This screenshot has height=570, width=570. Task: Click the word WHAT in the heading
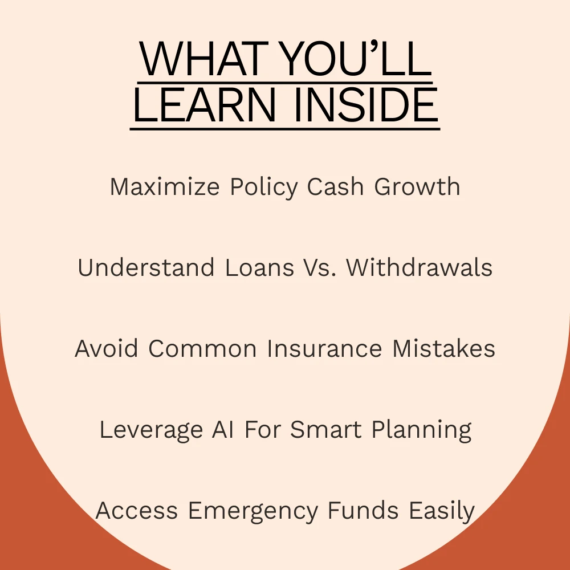click(203, 59)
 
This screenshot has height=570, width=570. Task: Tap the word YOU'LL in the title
click(357, 59)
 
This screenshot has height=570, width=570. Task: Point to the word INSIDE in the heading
click(366, 105)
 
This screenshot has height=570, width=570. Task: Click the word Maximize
click(165, 186)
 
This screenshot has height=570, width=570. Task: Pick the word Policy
click(264, 188)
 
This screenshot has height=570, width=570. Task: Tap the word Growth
click(417, 186)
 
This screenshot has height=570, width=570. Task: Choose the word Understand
click(146, 267)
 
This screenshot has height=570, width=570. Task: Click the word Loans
click(259, 267)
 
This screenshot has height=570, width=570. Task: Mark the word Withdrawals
click(419, 267)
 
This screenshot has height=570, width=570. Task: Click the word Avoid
click(106, 348)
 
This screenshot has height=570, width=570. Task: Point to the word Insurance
click(324, 348)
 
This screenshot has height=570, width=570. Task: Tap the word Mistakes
click(443, 348)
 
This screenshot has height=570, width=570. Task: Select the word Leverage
click(151, 430)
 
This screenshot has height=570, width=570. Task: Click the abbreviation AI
click(222, 429)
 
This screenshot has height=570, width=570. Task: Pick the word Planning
click(421, 430)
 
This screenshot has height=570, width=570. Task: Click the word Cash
click(335, 186)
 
